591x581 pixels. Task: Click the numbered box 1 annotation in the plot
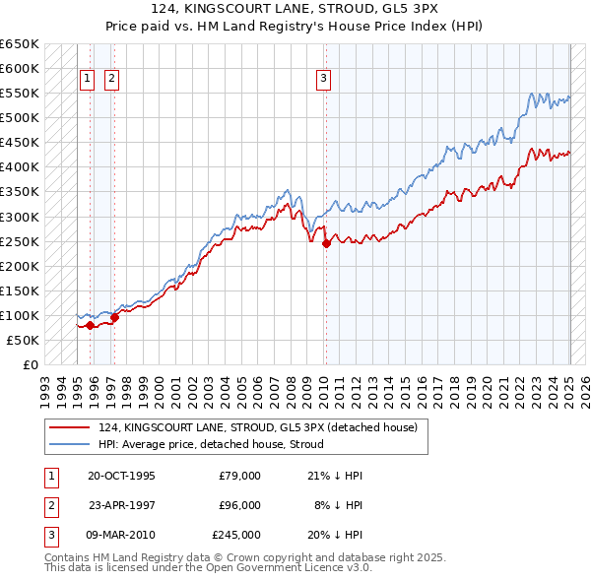pos(86,80)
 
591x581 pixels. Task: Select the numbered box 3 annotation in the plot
pos(323,80)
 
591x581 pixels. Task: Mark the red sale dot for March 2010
pos(326,244)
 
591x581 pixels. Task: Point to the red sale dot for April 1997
pos(114,317)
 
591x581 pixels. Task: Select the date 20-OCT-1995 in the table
pos(121,476)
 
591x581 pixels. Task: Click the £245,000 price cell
pos(236,535)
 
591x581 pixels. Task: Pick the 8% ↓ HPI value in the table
pos(338,505)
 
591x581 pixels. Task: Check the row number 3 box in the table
pos(50,535)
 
